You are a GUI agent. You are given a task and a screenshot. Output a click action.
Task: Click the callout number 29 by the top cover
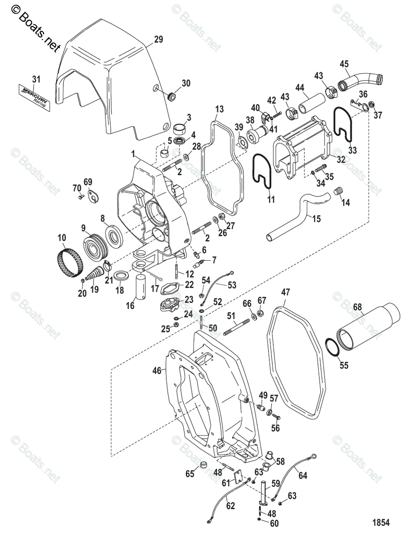pos(157,40)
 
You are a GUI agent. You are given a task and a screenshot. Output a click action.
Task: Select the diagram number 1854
pos(382,522)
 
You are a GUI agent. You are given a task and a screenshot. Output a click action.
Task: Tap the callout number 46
pos(157,371)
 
